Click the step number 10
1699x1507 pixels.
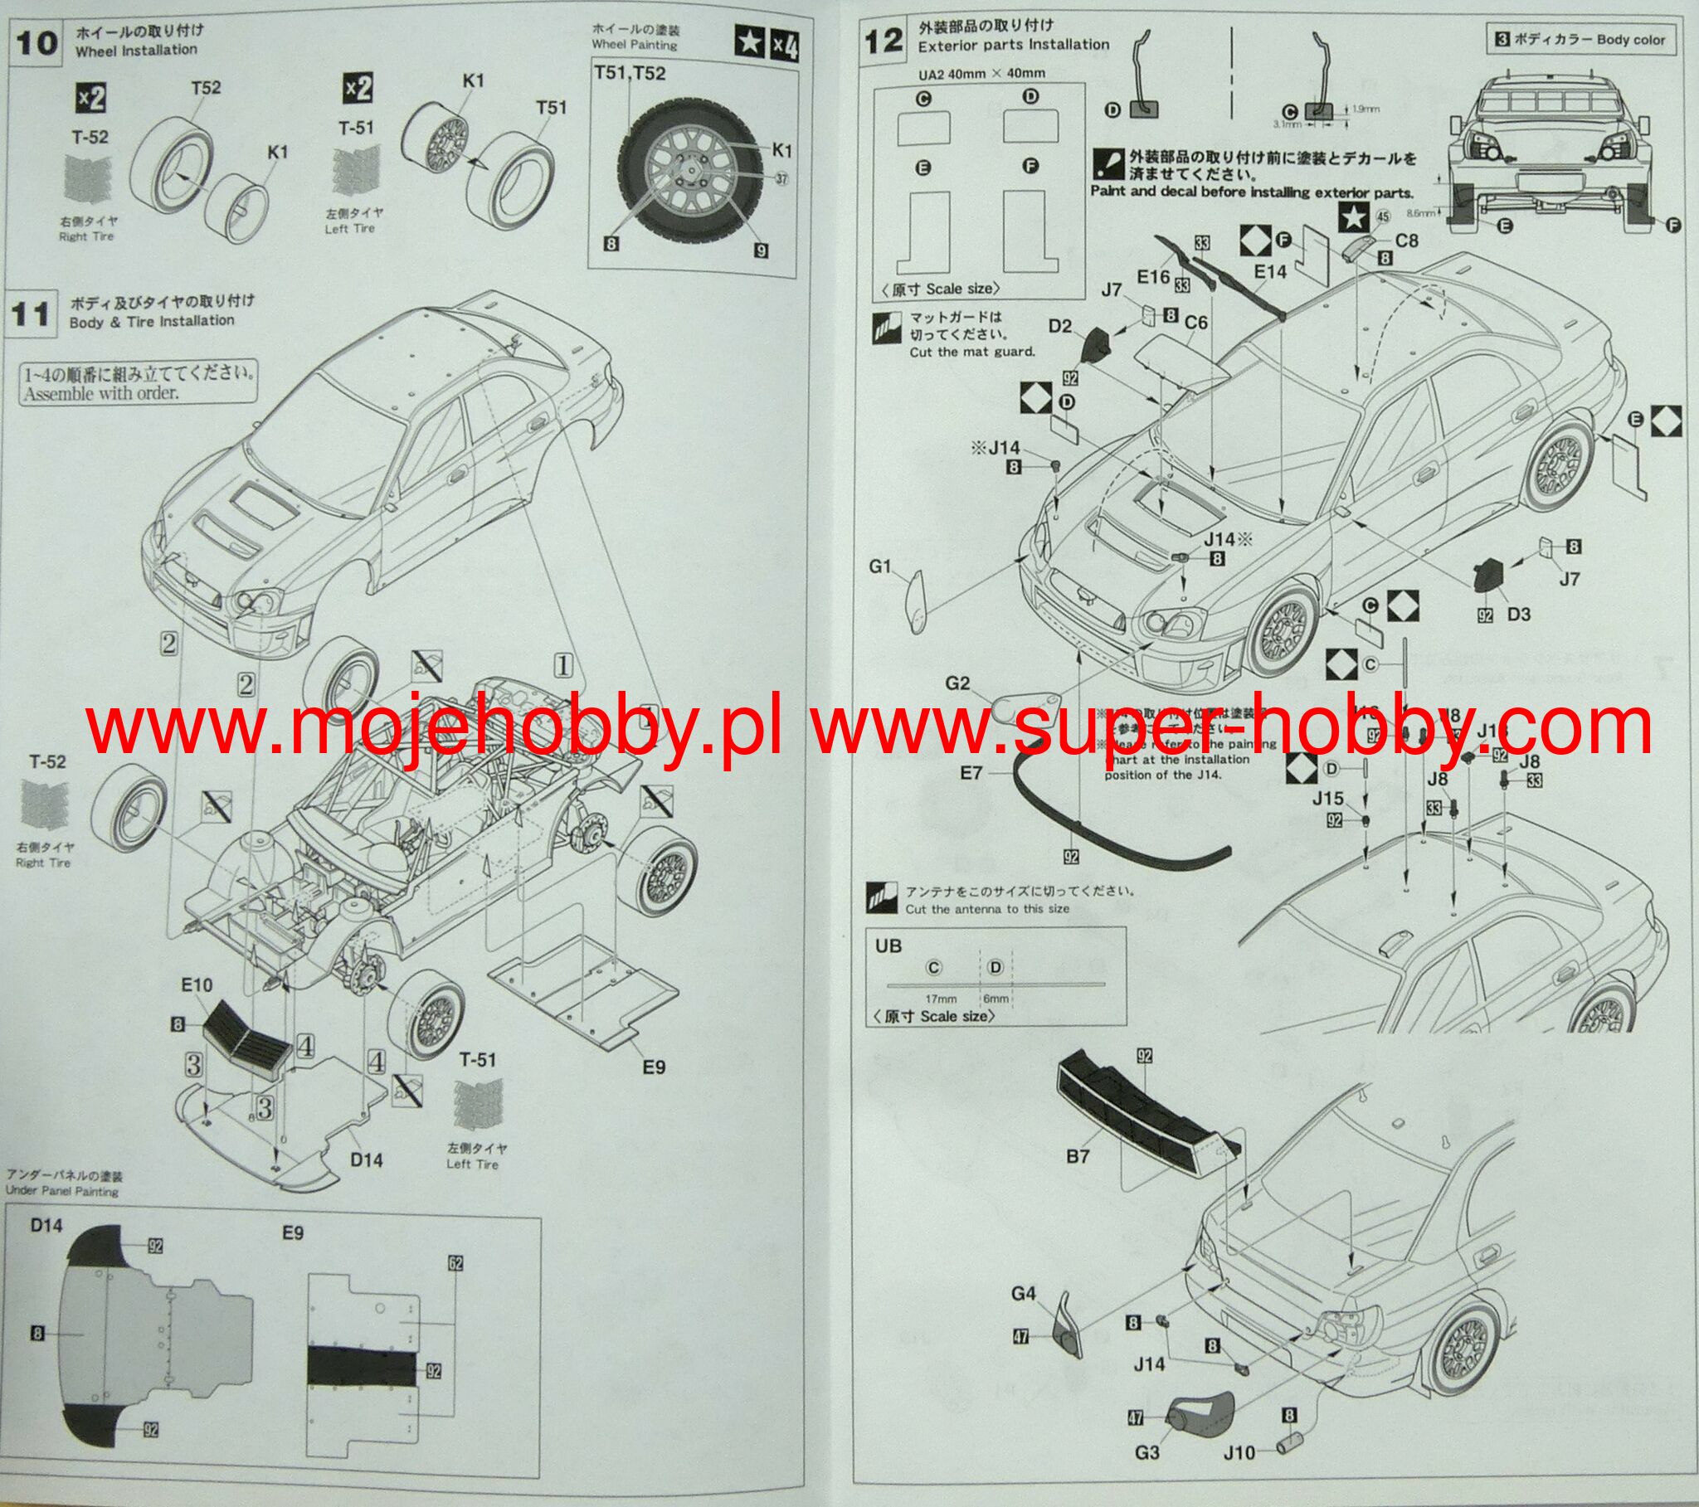(37, 43)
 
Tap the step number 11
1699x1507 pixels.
(31, 314)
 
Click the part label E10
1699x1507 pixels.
(197, 985)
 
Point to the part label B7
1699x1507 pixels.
(1078, 1156)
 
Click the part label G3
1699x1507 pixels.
(1146, 1453)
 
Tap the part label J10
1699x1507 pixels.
(1239, 1453)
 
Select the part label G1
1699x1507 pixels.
(880, 567)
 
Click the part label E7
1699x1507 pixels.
(971, 773)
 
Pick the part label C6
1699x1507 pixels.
(1196, 323)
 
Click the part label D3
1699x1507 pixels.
(1518, 615)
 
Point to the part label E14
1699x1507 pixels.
(1269, 271)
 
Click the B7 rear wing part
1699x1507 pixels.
(1147, 1114)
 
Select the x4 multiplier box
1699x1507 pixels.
(785, 43)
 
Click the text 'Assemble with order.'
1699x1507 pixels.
(100, 393)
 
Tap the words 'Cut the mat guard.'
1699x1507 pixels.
(971, 352)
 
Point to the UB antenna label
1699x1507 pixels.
(888, 946)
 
